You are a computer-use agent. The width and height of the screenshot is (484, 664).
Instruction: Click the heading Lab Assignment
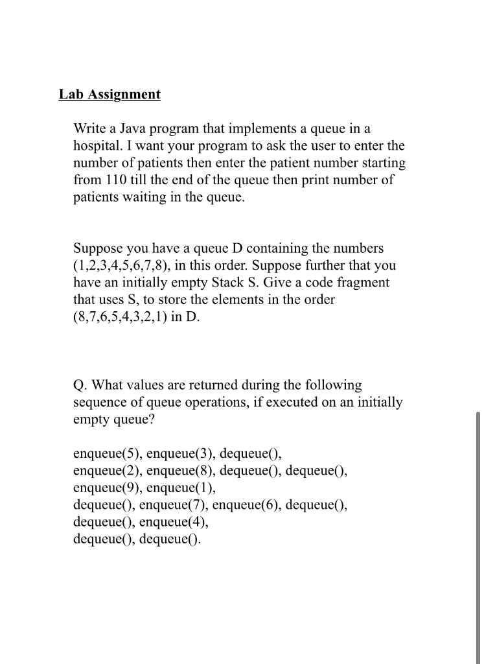(x=109, y=95)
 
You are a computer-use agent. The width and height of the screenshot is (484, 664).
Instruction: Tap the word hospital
(x=98, y=146)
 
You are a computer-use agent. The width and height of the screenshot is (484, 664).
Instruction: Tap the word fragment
(x=360, y=283)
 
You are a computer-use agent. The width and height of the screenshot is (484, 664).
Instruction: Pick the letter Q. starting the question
(x=80, y=385)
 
